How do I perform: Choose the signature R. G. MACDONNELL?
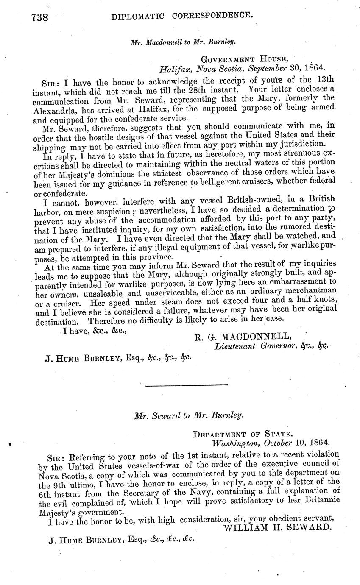pyautogui.click(x=243, y=337)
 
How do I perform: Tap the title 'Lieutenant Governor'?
pyautogui.click(x=251, y=346)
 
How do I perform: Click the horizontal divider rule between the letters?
pyautogui.click(x=187, y=384)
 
